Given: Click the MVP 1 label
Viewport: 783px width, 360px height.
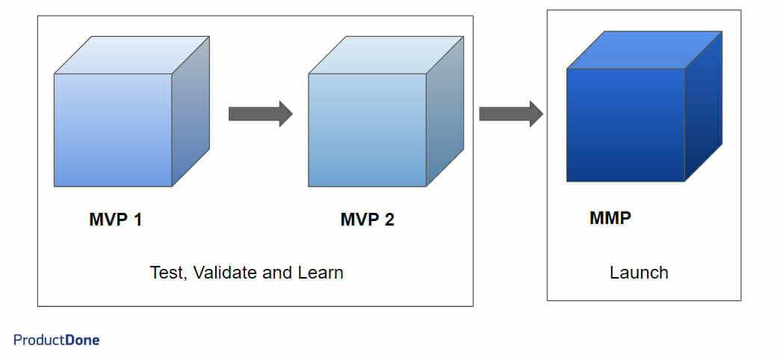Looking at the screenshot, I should pos(115,220).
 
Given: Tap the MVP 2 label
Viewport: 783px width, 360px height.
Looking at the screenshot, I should pos(367,220).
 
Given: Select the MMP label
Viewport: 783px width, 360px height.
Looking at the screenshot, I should pos(610,219).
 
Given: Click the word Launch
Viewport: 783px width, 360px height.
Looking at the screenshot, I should pos(639,273).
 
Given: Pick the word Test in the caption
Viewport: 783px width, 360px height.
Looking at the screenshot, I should pos(165,273).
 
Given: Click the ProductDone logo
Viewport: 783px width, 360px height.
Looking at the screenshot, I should pos(56,340).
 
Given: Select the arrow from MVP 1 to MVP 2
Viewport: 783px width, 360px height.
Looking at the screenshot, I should pos(260,114).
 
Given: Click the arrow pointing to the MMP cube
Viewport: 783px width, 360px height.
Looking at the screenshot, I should pos(510,114).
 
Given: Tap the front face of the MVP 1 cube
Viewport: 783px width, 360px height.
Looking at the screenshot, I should pos(113,130).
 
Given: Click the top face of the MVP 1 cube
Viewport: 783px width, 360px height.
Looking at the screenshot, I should pos(131,55).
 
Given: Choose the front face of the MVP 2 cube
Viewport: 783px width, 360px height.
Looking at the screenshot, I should pos(367,130).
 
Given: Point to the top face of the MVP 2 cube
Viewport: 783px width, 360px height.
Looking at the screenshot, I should pos(386,55).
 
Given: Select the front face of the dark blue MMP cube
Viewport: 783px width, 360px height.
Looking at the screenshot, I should pos(625,125).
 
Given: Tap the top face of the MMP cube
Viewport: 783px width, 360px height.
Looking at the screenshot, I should pos(644,50).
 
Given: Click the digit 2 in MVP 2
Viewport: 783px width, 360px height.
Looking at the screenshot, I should pos(389,220).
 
